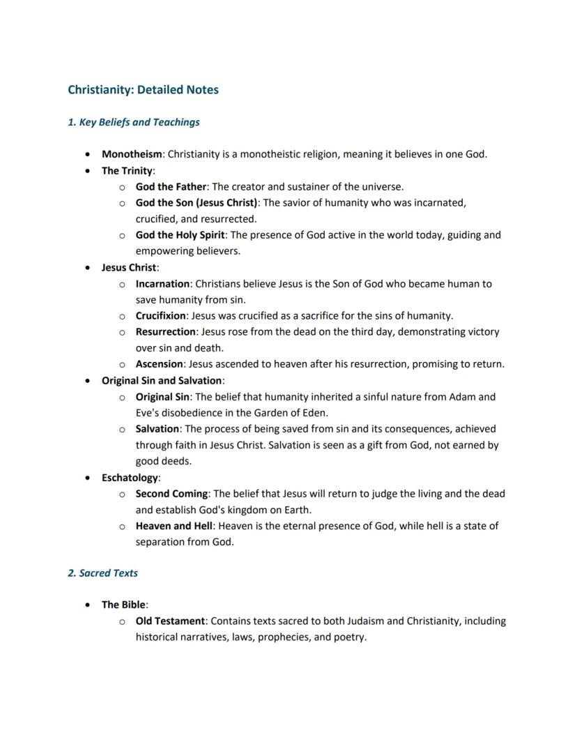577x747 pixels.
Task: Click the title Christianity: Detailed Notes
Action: tap(143, 90)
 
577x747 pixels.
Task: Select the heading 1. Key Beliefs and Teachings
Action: tap(133, 122)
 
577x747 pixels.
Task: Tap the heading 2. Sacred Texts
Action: tap(102, 573)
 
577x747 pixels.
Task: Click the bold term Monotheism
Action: tap(132, 154)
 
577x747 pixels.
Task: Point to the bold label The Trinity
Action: tap(128, 171)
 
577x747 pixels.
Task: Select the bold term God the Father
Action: tap(171, 187)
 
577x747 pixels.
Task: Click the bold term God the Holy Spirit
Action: tap(180, 235)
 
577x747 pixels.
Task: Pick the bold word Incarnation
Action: tap(162, 284)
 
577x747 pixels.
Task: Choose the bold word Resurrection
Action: tap(165, 332)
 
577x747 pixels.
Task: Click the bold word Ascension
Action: tap(160, 364)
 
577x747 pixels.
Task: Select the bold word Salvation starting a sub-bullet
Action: tap(158, 429)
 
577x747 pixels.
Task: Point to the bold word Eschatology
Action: tap(130, 478)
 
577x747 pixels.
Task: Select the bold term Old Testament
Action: tap(170, 621)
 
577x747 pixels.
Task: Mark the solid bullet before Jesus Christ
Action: tap(86, 268)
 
